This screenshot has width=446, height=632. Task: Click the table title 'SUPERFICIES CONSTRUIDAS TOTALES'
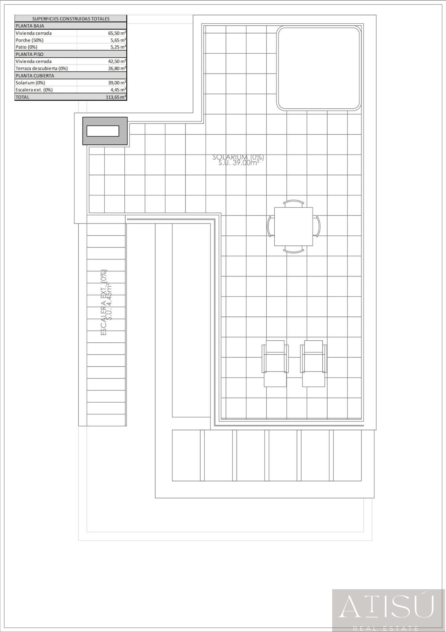[71, 19]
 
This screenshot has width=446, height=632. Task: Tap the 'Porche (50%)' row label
[30, 40]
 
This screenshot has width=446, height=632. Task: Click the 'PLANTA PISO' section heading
[30, 54]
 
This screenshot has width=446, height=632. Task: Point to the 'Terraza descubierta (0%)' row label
[42, 68]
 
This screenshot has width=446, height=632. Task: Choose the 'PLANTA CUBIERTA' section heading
[35, 76]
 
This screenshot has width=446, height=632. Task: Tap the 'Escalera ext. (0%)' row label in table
[34, 90]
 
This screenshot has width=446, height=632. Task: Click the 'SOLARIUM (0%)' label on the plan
[238, 157]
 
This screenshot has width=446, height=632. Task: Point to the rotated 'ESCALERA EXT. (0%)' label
[104, 303]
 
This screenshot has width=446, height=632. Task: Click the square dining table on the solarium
[293, 226]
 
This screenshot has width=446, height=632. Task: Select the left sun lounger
[275, 363]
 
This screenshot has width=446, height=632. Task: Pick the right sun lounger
[313, 363]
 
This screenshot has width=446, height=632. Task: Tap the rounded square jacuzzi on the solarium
[319, 68]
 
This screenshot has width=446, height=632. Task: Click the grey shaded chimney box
[105, 131]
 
